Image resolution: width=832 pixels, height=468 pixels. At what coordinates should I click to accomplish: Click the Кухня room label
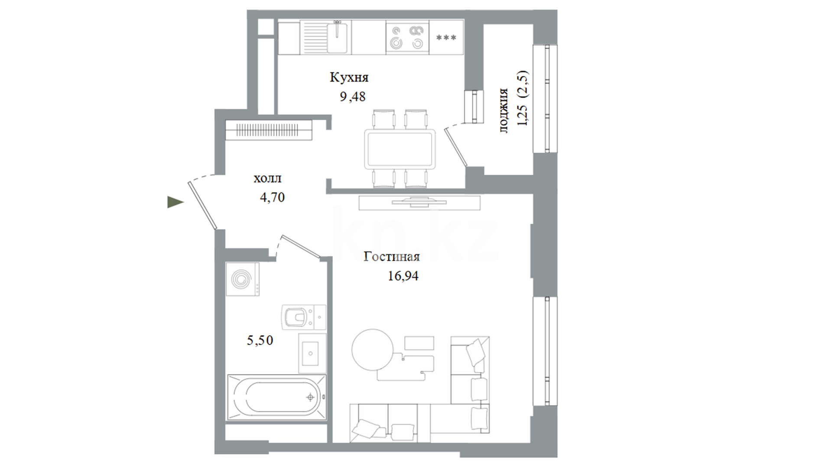click(349, 78)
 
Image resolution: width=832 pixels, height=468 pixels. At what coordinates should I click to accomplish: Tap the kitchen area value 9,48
click(352, 97)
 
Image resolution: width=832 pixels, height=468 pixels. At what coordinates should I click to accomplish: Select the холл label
click(267, 178)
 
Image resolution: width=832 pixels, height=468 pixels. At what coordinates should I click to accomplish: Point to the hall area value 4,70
click(272, 198)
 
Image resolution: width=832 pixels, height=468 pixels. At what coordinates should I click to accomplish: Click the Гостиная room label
click(392, 257)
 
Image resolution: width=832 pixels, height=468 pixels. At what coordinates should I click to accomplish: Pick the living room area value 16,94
click(403, 276)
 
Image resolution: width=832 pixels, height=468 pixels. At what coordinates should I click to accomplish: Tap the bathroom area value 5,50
click(260, 340)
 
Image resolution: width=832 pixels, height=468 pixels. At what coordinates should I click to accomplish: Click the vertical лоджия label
click(503, 110)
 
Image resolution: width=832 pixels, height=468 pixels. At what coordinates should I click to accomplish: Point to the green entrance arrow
click(175, 202)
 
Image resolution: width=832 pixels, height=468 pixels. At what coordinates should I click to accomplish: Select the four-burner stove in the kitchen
click(407, 37)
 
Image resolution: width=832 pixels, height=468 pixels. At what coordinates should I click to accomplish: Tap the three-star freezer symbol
click(446, 38)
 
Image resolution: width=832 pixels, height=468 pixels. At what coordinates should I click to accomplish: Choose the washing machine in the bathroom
click(242, 279)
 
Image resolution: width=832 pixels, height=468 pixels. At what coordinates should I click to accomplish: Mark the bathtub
click(276, 397)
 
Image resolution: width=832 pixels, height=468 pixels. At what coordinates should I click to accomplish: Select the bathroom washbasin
click(312, 353)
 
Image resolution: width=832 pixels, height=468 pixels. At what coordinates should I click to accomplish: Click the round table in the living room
click(373, 350)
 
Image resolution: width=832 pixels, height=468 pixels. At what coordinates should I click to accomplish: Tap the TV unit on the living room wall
click(419, 202)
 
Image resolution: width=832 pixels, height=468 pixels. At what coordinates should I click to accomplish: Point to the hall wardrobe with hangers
click(269, 130)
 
